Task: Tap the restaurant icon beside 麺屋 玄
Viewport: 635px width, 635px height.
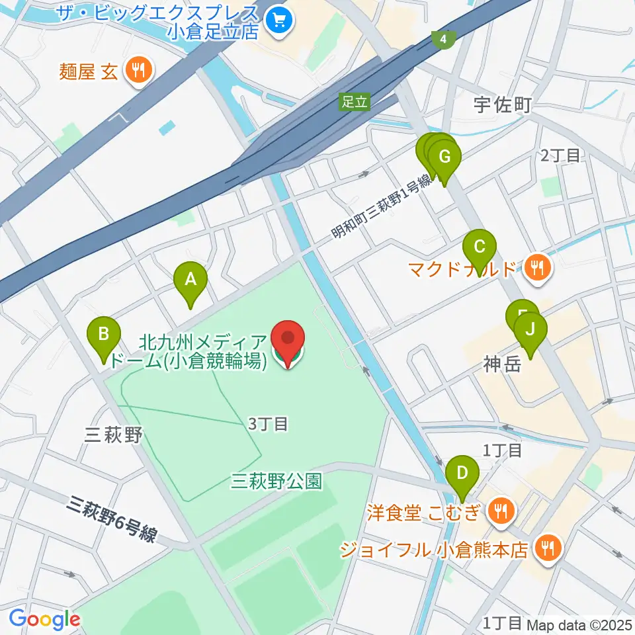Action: coord(138,70)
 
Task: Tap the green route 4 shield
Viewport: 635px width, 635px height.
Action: coord(443,40)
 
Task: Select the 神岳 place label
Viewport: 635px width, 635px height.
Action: coord(503,364)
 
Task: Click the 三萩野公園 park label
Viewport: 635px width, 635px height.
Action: coord(276,480)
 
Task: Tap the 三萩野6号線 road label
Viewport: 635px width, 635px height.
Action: coord(112,520)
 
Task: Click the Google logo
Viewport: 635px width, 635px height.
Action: coord(44,620)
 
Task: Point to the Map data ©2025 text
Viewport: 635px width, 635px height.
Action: coord(574,623)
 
